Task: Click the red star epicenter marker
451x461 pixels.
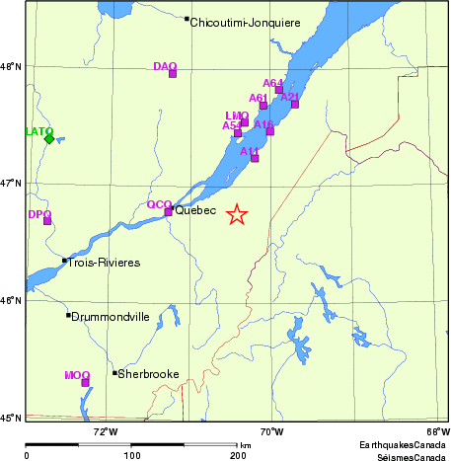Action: click(237, 214)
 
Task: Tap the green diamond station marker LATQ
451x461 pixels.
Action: click(49, 138)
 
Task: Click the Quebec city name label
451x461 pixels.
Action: click(195, 211)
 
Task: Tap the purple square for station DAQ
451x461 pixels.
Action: click(173, 73)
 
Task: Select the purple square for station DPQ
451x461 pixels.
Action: click(47, 220)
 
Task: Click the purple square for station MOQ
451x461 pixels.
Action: click(85, 382)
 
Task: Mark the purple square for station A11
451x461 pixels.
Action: click(255, 158)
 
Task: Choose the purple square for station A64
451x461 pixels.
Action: click(279, 90)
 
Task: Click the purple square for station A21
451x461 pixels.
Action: click(294, 104)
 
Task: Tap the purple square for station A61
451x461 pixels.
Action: click(263, 106)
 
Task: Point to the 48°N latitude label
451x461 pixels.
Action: click(12, 67)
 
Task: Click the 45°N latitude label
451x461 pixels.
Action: click(12, 419)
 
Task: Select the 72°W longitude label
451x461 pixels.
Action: click(105, 431)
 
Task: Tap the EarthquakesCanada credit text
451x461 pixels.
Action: click(403, 445)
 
